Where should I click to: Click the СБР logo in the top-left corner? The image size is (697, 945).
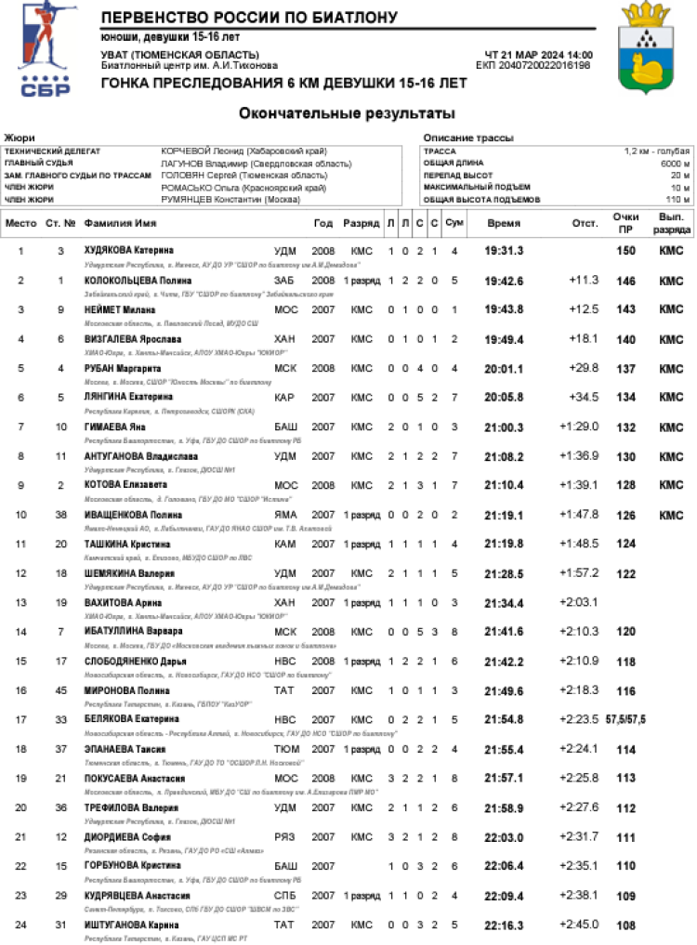pyautogui.click(x=44, y=52)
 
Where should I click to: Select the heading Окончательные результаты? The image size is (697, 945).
pyautogui.click(x=347, y=114)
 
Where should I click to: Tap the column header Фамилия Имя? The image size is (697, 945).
pyautogui.click(x=120, y=224)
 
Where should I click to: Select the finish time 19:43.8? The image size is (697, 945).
pyautogui.click(x=505, y=309)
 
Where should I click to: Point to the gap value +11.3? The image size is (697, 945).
pyautogui.click(x=584, y=280)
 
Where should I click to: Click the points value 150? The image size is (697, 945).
pyautogui.click(x=626, y=251)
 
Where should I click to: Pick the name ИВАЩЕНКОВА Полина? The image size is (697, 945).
pyautogui.click(x=135, y=515)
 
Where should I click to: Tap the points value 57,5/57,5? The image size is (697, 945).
pyautogui.click(x=626, y=719)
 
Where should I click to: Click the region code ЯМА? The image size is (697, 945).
pyautogui.click(x=285, y=515)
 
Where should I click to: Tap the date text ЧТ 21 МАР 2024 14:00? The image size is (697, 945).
pyautogui.click(x=539, y=55)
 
